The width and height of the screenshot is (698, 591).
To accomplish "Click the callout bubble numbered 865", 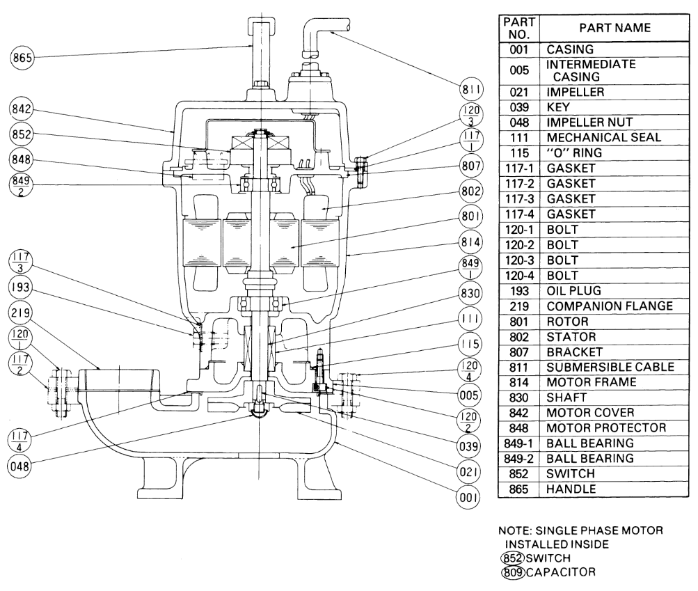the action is [22, 58].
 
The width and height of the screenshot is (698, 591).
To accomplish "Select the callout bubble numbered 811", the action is [471, 90].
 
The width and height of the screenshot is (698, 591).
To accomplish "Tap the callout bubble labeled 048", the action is [19, 466].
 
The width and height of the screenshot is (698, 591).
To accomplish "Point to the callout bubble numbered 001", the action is [468, 497].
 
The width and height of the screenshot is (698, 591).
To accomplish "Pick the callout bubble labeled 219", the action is [20, 313].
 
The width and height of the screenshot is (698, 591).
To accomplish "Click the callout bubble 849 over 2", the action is [21, 185].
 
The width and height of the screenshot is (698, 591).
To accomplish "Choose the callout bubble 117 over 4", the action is [19, 440].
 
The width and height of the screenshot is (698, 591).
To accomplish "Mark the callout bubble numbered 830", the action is [470, 294].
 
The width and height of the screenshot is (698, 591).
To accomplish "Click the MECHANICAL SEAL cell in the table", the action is [603, 138].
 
